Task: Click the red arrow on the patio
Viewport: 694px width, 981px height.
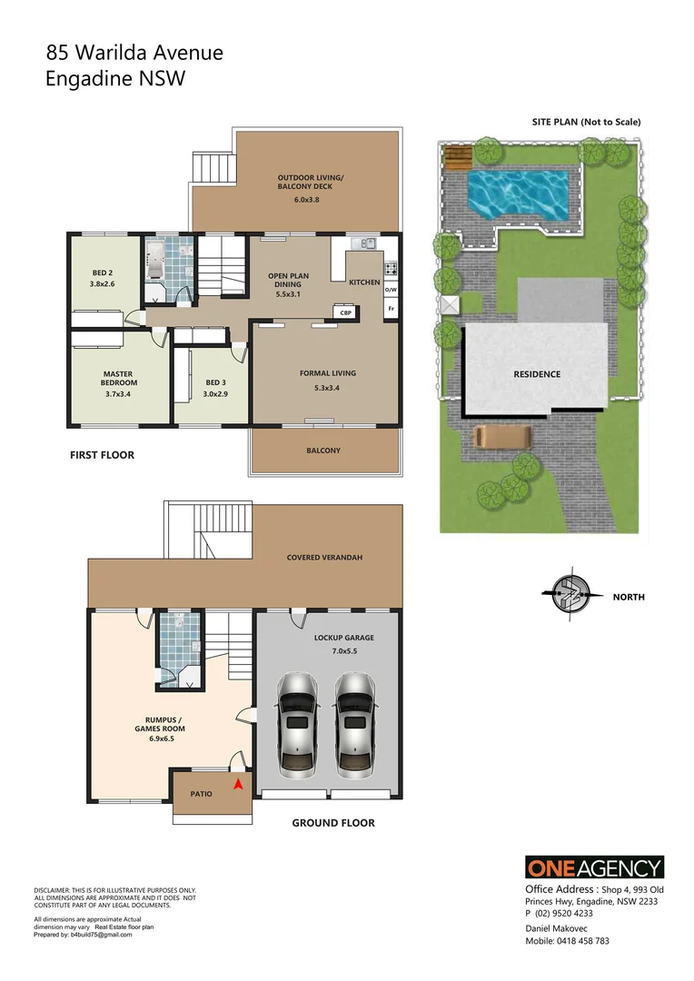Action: tap(238, 784)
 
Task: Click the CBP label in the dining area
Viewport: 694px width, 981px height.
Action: tap(345, 312)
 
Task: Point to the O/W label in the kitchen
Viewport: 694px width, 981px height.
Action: tap(391, 290)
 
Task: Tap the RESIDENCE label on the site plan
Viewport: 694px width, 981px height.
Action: tap(537, 374)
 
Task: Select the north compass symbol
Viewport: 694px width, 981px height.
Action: tap(570, 596)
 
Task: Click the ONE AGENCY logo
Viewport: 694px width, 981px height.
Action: tap(594, 867)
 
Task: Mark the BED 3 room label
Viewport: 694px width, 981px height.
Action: tap(214, 382)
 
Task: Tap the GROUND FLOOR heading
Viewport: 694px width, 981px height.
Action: tap(332, 823)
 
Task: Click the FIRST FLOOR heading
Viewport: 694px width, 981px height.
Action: tap(102, 455)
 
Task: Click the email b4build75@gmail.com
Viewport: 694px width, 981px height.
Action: tap(100, 935)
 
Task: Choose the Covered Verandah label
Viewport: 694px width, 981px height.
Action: tap(324, 557)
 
